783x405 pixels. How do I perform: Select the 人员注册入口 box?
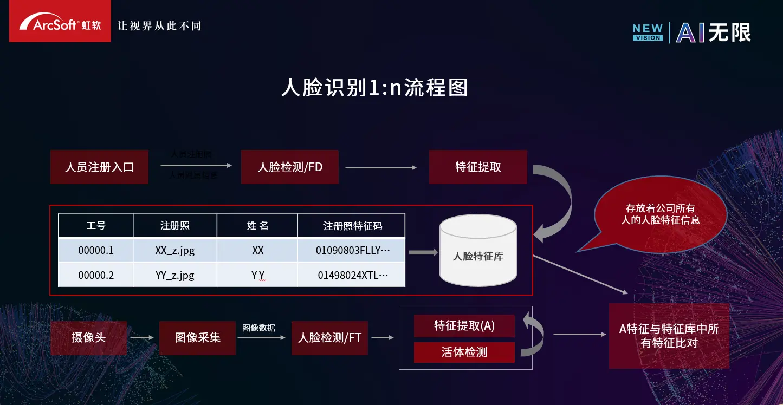(99, 167)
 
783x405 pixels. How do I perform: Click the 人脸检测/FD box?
(290, 167)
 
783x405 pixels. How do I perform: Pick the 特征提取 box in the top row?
(478, 167)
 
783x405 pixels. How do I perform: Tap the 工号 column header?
(96, 226)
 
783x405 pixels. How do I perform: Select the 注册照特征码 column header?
(352, 226)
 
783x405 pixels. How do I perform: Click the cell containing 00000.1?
(96, 251)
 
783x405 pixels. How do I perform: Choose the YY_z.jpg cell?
(174, 275)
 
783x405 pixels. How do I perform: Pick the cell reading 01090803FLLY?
(352, 251)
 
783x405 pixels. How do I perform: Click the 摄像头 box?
(88, 338)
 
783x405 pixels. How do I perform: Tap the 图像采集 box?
(197, 338)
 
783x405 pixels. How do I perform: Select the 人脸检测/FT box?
(329, 338)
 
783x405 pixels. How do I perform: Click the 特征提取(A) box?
(464, 326)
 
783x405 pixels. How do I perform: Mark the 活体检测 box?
(464, 352)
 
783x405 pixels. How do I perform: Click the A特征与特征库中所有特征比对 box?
(669, 336)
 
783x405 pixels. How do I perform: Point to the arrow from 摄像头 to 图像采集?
(143, 338)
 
